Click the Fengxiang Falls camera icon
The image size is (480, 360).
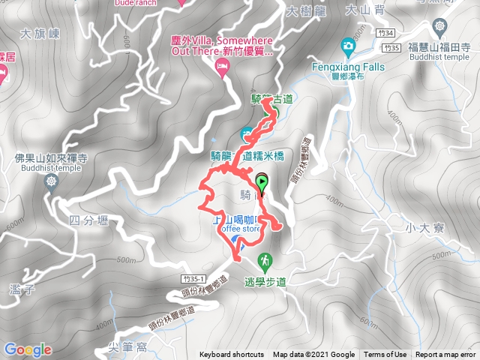pos(348,46)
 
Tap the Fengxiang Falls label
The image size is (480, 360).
pos(348,67)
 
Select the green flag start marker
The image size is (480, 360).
pos(262,181)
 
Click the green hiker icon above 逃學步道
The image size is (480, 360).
pos(264,261)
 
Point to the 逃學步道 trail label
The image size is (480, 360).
pos(265,282)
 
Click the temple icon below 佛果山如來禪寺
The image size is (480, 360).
pos(51,181)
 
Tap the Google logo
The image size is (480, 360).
pos(28,349)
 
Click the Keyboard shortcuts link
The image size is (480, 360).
pos(232,355)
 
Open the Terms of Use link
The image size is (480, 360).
pos(385,355)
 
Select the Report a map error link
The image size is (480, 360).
pos(446,355)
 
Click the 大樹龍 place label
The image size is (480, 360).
pos(302,11)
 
